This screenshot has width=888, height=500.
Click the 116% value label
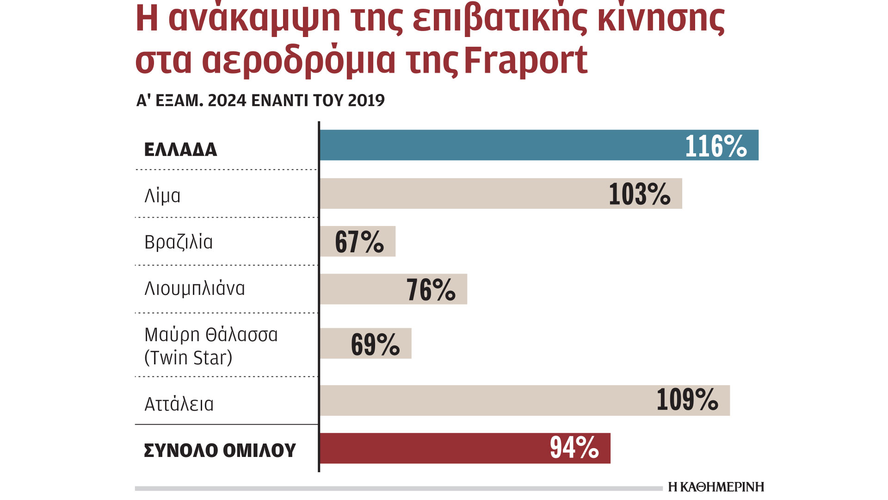click(715, 146)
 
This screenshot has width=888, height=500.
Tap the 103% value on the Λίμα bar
click(639, 194)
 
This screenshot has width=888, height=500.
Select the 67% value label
click(359, 242)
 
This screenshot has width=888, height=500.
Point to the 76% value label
click(431, 290)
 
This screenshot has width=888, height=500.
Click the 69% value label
click(375, 344)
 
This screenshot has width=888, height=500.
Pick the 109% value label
click(687, 400)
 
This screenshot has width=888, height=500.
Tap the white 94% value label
click(574, 448)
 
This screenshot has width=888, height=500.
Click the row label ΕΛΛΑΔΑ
click(180, 150)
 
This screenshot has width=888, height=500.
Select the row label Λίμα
click(162, 196)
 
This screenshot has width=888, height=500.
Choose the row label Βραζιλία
click(179, 242)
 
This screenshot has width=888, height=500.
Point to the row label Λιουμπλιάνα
click(195, 289)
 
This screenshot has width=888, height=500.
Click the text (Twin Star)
click(188, 358)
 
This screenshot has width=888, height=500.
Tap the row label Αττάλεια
click(179, 404)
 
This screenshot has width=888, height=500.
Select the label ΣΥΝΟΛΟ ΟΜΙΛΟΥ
click(220, 450)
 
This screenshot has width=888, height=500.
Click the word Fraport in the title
click(525, 61)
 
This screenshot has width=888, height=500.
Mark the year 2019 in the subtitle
click(366, 100)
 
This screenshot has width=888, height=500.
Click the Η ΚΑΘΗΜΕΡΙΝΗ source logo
click(716, 487)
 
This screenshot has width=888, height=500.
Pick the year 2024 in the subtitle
click(227, 100)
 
